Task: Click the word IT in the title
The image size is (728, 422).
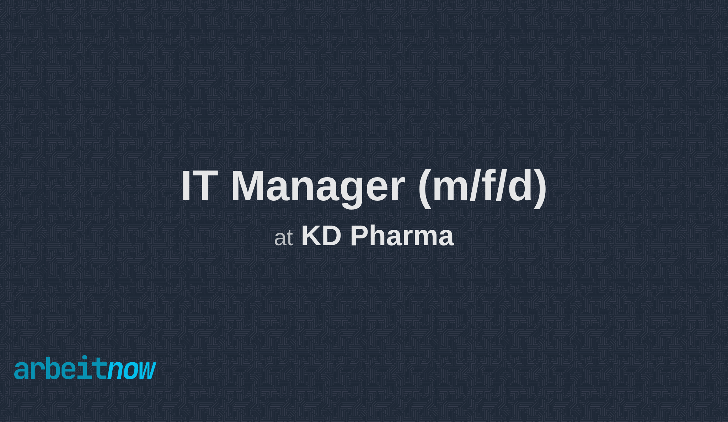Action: [199, 186]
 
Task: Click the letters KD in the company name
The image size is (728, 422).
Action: [321, 236]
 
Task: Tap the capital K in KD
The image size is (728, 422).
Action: [311, 236]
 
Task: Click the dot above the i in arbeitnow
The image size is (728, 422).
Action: [85, 358]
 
